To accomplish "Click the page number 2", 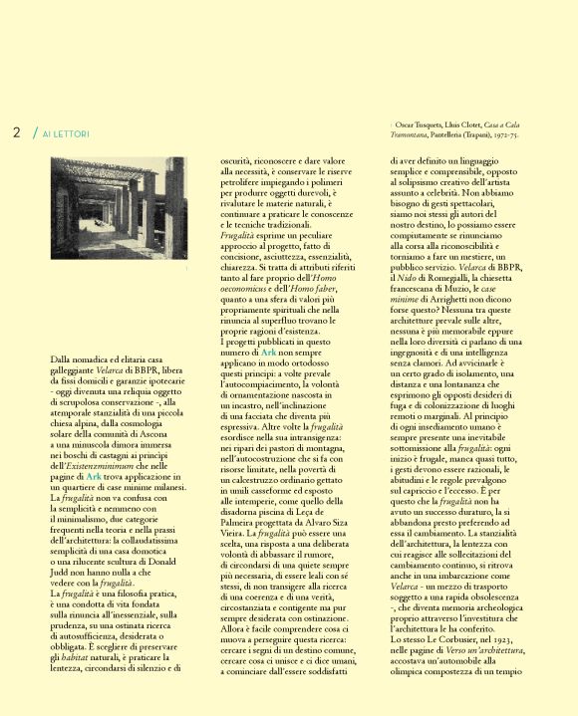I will pyautogui.click(x=17, y=132).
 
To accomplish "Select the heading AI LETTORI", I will pyautogui.click(x=66, y=133).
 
